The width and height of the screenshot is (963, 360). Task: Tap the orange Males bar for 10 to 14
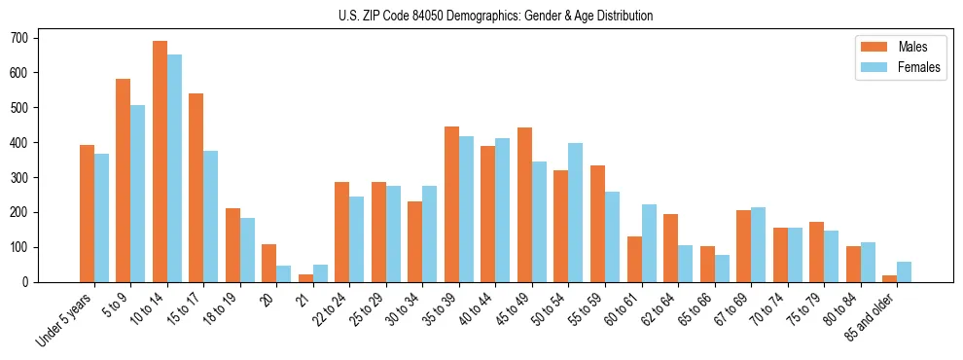160,162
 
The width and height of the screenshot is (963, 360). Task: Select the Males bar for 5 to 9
124,181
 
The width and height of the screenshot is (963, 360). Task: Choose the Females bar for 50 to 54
576,212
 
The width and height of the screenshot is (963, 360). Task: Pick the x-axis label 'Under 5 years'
65,318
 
